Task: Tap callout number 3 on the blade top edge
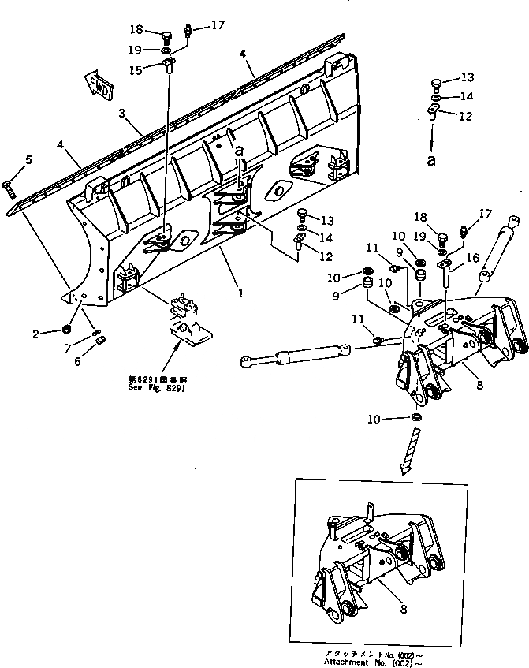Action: click(122, 114)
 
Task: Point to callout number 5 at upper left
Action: click(28, 161)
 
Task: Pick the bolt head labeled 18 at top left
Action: click(166, 37)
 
